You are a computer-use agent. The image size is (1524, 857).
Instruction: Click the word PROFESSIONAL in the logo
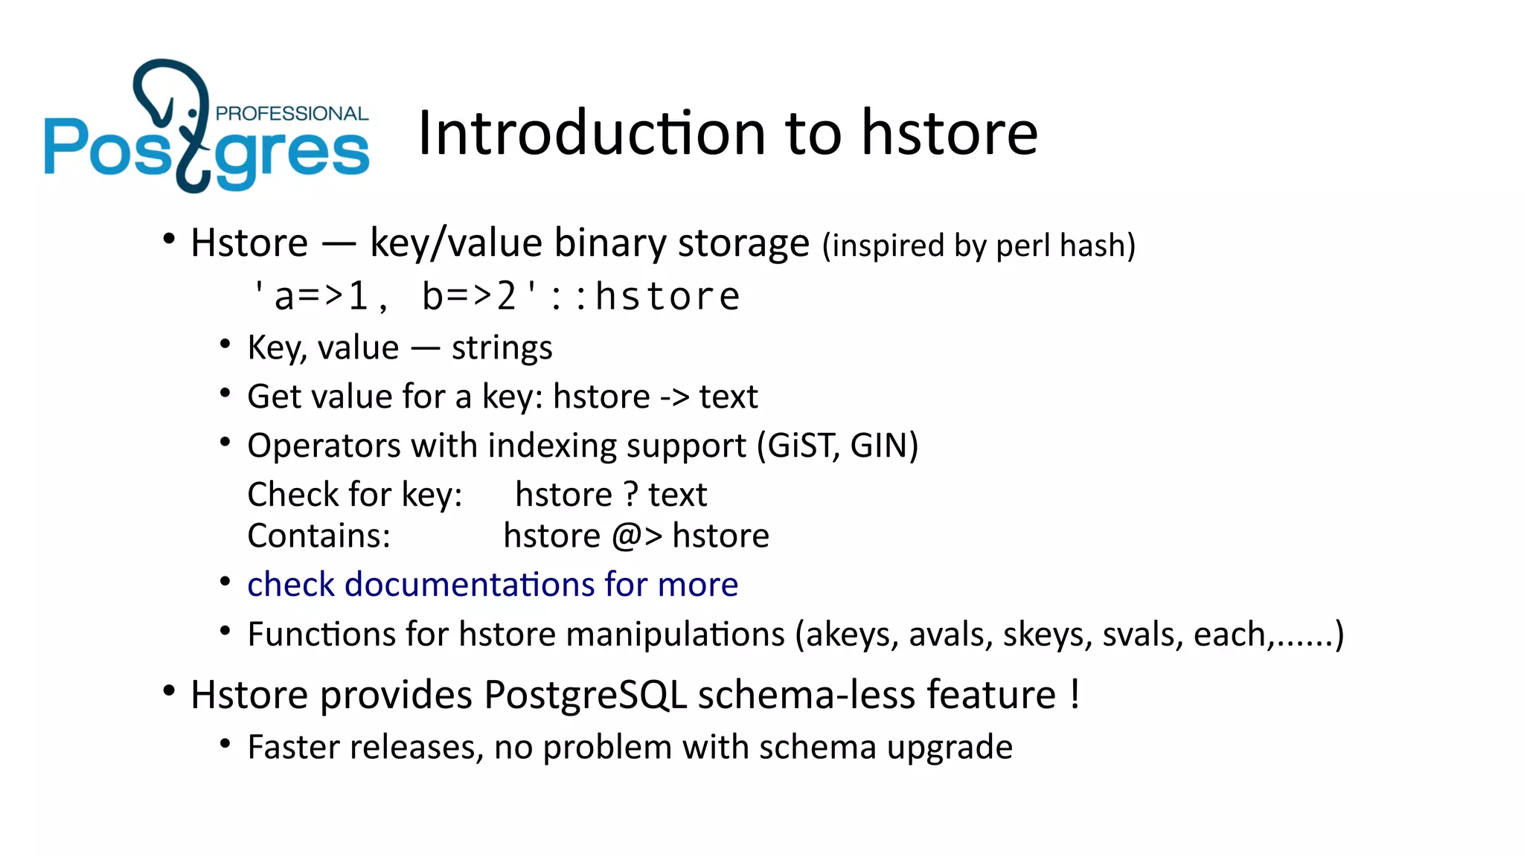[x=292, y=114]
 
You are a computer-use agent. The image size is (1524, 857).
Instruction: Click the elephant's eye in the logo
[x=193, y=113]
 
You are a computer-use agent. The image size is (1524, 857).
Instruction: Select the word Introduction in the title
[x=592, y=133]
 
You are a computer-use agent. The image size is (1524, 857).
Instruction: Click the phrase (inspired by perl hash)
[x=979, y=245]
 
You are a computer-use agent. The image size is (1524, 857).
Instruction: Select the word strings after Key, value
[x=502, y=348]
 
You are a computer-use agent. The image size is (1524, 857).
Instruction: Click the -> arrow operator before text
[x=674, y=397]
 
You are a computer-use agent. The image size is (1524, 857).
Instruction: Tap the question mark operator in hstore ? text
[x=630, y=495]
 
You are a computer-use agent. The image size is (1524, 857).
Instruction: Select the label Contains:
[x=318, y=536]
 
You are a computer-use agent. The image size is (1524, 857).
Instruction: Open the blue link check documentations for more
[x=492, y=585]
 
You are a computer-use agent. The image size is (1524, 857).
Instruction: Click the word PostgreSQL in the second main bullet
[x=585, y=695]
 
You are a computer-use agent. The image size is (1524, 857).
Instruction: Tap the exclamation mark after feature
[x=1075, y=695]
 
